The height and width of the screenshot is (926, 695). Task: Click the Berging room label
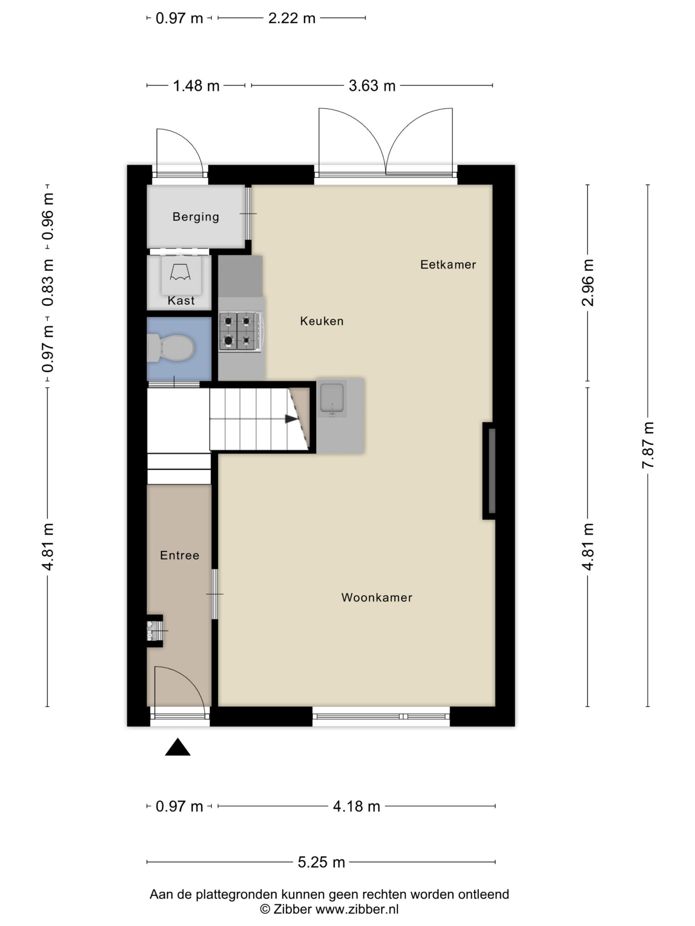195,217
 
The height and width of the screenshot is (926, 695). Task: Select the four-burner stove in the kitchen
241,332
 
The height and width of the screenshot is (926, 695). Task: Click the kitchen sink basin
332,397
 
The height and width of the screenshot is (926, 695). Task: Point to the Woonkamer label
376,598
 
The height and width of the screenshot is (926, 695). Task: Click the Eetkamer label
448,264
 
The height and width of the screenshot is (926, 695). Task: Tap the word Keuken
322,321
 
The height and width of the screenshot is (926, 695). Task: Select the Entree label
179,555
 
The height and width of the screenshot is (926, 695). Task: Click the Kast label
181,301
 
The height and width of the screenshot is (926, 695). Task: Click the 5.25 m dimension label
321,862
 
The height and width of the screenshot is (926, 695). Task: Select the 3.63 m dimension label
372,86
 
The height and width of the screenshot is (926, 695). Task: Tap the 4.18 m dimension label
357,806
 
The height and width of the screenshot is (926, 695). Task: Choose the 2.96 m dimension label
588,283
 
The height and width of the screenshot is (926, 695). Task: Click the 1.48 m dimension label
196,86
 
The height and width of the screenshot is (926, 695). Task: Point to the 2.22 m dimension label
291,18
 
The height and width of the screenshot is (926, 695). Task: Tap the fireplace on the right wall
489,471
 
